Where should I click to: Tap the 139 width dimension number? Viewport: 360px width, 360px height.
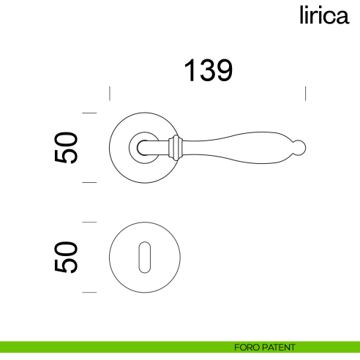pos(207,71)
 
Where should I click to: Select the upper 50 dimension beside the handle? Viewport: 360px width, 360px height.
pos(67,148)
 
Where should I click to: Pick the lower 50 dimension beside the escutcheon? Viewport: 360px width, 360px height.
pos(67,257)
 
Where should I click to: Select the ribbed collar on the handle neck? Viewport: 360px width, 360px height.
pos(176,147)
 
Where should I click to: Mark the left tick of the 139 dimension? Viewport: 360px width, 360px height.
pos(109,93)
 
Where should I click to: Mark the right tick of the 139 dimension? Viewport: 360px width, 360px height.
pos(305,93)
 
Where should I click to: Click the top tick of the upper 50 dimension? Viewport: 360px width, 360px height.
pos(89,113)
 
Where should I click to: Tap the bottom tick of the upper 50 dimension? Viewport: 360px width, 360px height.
pos(89,182)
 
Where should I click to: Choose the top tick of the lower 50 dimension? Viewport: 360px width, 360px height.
pos(89,222)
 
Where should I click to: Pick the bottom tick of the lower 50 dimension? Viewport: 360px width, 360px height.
pos(89,292)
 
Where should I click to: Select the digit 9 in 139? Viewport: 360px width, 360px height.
pos(223,71)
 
